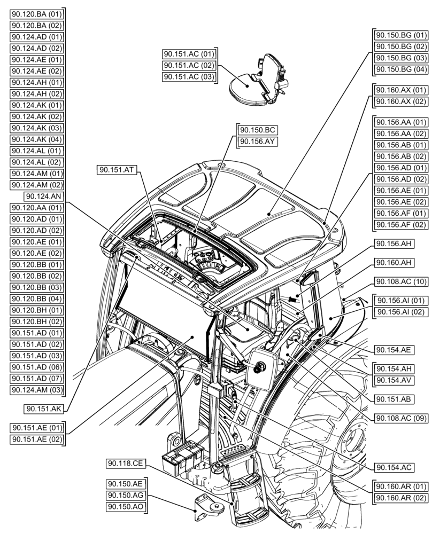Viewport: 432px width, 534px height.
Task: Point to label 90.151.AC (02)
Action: [189, 66]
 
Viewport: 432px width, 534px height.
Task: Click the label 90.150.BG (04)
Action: [401, 70]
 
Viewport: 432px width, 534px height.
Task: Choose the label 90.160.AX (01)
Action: [401, 90]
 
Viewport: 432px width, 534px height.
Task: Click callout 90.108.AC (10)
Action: [401, 281]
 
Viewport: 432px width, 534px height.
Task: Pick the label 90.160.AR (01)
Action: [401, 486]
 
